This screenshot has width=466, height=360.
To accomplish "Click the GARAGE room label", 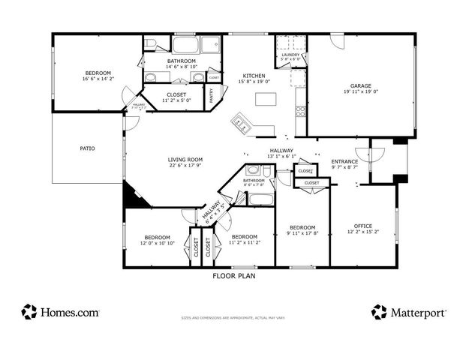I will point(361,85).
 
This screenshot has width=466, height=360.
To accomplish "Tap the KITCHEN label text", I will point(254,76).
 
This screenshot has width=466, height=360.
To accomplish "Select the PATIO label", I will point(87,148).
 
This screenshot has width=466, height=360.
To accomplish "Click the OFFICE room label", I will point(363,226).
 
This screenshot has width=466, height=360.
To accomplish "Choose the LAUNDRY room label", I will point(290,55).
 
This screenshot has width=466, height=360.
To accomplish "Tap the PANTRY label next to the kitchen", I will point(213,94).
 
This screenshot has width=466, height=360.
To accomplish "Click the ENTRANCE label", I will point(344,161).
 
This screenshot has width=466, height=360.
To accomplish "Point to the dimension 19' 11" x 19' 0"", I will point(361,91).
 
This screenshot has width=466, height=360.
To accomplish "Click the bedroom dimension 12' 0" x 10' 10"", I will point(159,243).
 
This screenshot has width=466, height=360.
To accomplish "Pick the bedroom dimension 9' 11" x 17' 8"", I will point(302,233).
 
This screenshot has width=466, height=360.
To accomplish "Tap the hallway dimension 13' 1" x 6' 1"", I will point(282,156).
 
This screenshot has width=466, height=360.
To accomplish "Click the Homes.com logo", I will point(60,311).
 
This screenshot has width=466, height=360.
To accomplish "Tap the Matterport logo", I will point(409,311).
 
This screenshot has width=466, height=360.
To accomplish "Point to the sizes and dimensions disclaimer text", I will point(233,318).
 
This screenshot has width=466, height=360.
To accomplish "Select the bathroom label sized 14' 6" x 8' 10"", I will point(182,64).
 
